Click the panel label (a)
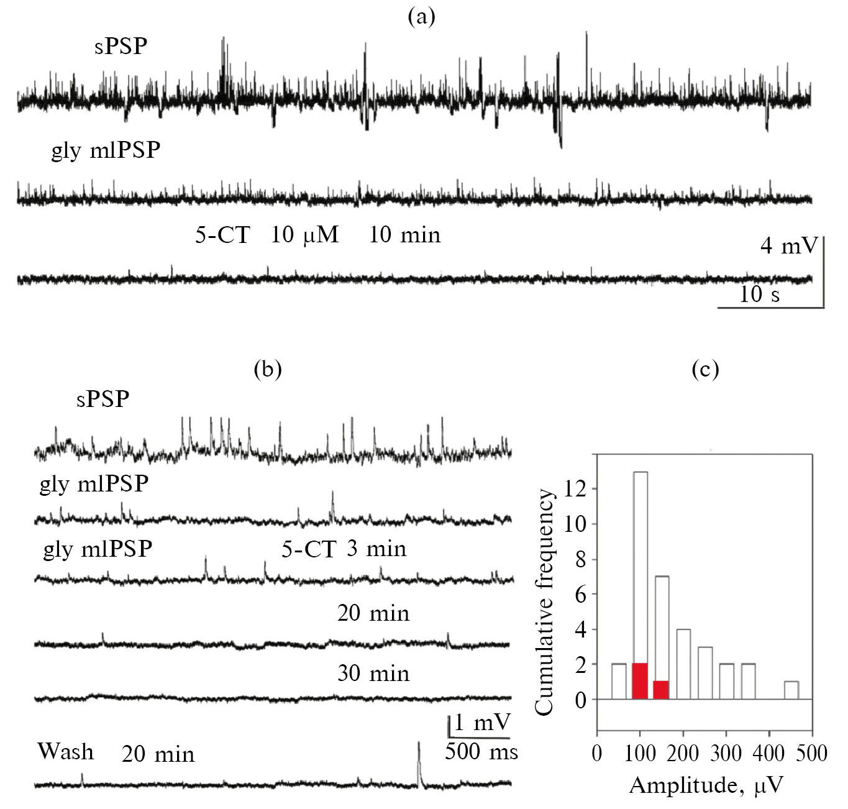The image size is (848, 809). click(x=421, y=17)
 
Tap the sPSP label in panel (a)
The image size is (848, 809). click(x=121, y=46)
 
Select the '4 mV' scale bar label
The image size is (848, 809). click(x=789, y=246)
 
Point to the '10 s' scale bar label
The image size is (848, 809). click(x=759, y=294)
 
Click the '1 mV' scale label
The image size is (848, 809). click(x=483, y=723)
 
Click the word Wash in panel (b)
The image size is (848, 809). click(x=66, y=751)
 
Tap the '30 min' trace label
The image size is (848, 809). click(x=373, y=674)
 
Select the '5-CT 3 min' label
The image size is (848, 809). click(x=344, y=549)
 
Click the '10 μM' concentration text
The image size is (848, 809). click(x=304, y=235)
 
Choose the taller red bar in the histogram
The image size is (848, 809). click(x=640, y=681)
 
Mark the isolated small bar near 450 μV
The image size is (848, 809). click(x=791, y=690)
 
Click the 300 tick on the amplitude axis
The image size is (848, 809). click(x=726, y=754)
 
